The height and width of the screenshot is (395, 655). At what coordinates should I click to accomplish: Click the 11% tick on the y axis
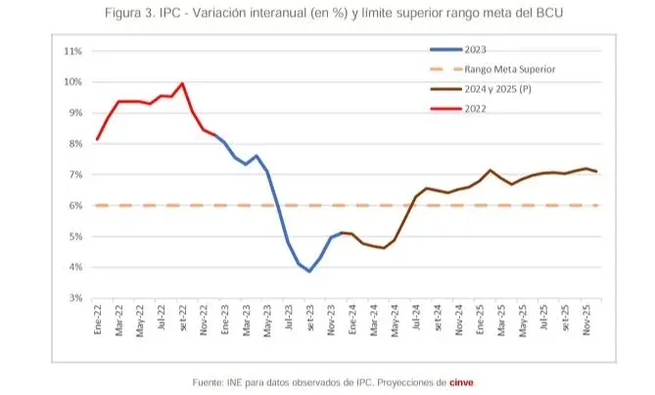coord(72,51)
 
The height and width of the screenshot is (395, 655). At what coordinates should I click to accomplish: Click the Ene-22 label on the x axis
coord(98,322)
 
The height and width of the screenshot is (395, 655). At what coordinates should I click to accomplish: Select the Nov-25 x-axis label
coord(586,322)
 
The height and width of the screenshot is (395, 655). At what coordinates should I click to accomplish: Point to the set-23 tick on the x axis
coord(310,322)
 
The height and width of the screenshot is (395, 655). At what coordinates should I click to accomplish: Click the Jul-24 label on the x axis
coord(416,322)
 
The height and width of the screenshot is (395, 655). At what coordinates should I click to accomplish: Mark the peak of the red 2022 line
coord(182,83)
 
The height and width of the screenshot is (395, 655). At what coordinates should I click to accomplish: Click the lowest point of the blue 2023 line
coord(309,271)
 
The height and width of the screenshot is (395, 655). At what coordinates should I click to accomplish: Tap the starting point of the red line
coord(97,139)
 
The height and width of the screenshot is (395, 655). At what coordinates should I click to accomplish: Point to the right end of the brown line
coord(596,172)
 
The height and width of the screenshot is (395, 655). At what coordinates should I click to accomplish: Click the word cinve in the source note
coord(462,381)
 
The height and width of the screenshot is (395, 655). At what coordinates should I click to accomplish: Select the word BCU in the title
coord(548,14)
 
